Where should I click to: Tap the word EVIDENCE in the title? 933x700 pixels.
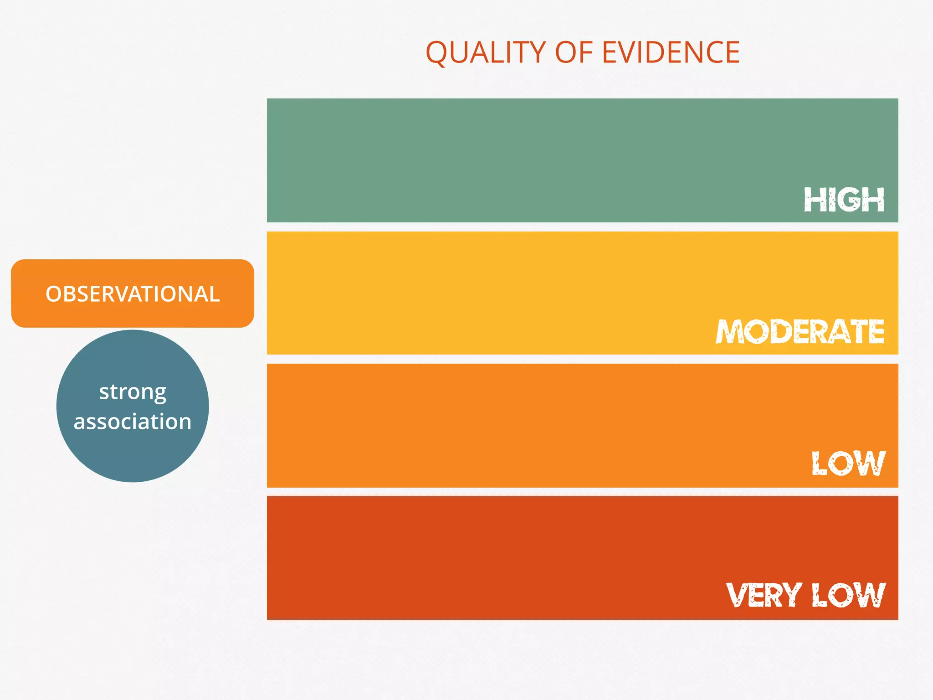pyautogui.click(x=671, y=52)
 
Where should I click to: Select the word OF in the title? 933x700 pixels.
pyautogui.click(x=574, y=52)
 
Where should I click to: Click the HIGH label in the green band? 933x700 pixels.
pyautogui.click(x=844, y=200)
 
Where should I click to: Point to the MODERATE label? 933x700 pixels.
pyautogui.click(x=800, y=331)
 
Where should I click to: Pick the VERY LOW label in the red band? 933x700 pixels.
pyautogui.click(x=805, y=595)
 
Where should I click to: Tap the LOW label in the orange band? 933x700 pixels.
pyautogui.click(x=848, y=463)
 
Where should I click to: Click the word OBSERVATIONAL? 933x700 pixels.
pyautogui.click(x=133, y=294)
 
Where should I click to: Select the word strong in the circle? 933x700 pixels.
pyautogui.click(x=133, y=392)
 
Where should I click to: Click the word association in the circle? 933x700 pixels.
pyautogui.click(x=133, y=422)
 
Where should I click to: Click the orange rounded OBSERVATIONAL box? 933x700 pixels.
pyautogui.click(x=133, y=273)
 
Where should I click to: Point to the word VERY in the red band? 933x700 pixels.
pyautogui.click(x=764, y=595)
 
